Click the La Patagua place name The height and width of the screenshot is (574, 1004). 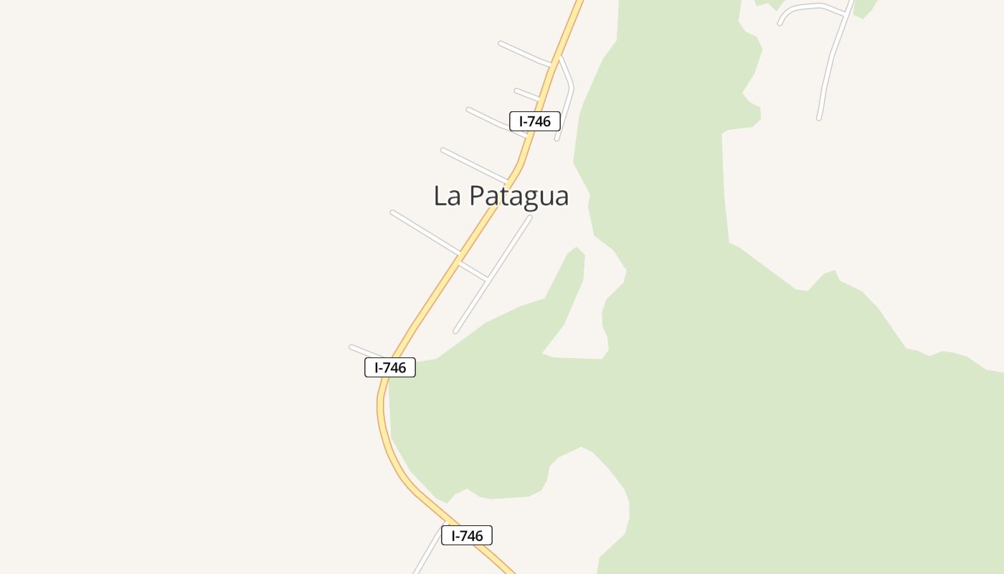501,195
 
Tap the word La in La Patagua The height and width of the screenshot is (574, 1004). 447,195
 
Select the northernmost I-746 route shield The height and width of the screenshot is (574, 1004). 534,121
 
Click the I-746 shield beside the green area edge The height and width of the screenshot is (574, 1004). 390,367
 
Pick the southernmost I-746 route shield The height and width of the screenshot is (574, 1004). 467,535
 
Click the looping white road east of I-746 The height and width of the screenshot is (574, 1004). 567,93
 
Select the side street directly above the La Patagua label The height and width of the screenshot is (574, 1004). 473,164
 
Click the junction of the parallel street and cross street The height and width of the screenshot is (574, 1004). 487,277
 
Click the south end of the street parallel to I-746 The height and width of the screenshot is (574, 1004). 455,331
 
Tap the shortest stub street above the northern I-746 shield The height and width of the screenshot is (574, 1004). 526,94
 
